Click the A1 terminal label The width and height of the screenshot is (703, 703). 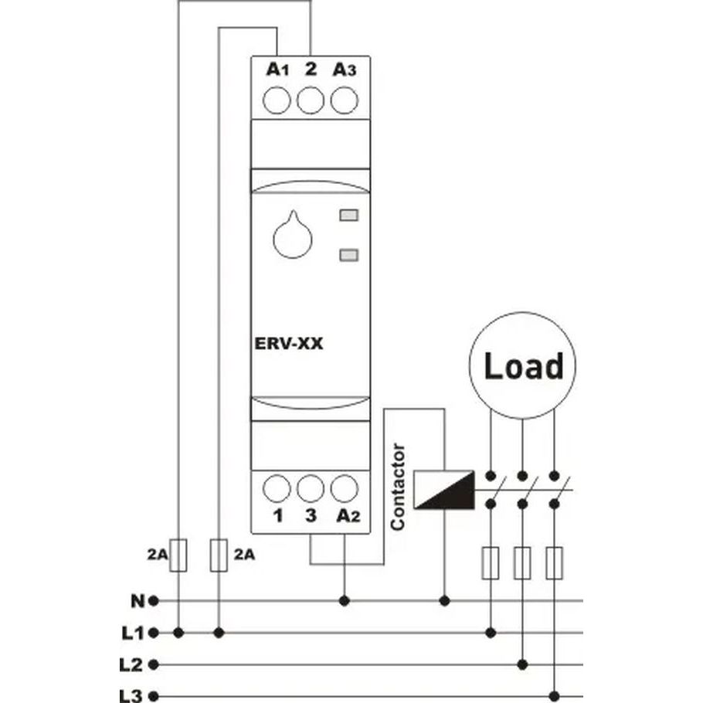pyautogui.click(x=277, y=70)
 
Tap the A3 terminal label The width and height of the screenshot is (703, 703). pyautogui.click(x=345, y=70)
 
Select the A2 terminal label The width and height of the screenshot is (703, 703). pyautogui.click(x=348, y=516)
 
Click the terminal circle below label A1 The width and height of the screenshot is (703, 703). pyautogui.click(x=277, y=100)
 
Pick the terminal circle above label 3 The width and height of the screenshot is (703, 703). pyautogui.click(x=311, y=489)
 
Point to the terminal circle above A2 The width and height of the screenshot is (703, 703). pyautogui.click(x=345, y=489)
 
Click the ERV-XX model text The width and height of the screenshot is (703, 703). pyautogui.click(x=289, y=344)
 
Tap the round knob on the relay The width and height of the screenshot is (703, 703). pyautogui.click(x=293, y=235)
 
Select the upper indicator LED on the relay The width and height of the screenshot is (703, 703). pyautogui.click(x=349, y=216)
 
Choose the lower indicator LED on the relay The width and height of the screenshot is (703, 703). pyautogui.click(x=349, y=256)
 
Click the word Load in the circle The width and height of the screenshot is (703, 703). pyautogui.click(x=524, y=365)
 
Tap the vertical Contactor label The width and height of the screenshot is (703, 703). pyautogui.click(x=398, y=487)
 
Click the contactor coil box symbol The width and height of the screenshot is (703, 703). pyautogui.click(x=444, y=490)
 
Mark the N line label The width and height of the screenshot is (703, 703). pyautogui.click(x=138, y=601)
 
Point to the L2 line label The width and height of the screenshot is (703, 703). pyautogui.click(x=131, y=665)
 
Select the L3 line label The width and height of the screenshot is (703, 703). pyautogui.click(x=131, y=696)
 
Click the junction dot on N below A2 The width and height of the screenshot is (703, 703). pyautogui.click(x=345, y=601)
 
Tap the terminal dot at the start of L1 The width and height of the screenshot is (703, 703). pyautogui.click(x=153, y=633)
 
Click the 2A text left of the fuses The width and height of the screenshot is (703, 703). pyautogui.click(x=158, y=555)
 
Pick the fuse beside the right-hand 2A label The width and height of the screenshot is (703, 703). pyautogui.click(x=219, y=555)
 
